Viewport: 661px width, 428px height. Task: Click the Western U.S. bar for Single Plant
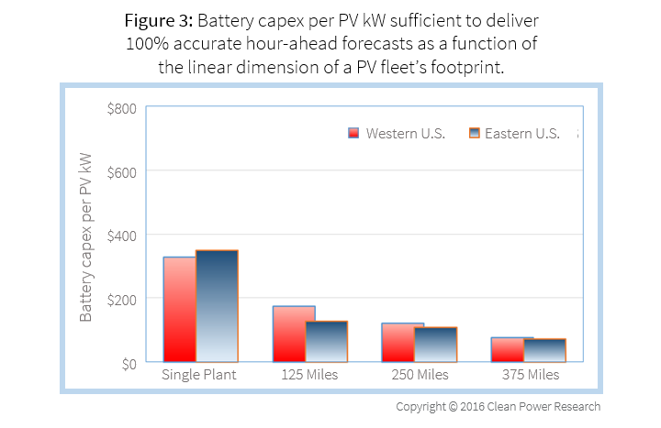(179, 310)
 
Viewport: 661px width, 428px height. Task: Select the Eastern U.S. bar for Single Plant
(217, 306)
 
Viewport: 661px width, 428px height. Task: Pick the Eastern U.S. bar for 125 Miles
(327, 341)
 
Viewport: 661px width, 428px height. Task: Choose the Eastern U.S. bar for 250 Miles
(436, 345)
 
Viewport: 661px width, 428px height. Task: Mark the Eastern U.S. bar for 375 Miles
(545, 351)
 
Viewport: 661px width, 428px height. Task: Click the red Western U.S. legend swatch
(353, 133)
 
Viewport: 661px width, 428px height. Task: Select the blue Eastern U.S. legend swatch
(474, 133)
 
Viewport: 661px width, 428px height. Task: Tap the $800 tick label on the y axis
(122, 108)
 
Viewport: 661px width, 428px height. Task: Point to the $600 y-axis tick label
(122, 171)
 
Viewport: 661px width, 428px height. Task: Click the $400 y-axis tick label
(122, 235)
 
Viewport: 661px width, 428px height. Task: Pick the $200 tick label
(122, 299)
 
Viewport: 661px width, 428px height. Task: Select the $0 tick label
(128, 362)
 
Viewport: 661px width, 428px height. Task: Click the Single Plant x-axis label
(199, 376)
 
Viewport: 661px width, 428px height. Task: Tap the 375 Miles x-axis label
(531, 376)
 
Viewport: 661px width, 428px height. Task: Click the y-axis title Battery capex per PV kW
(86, 236)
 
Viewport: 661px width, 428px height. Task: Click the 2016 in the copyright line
(478, 406)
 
